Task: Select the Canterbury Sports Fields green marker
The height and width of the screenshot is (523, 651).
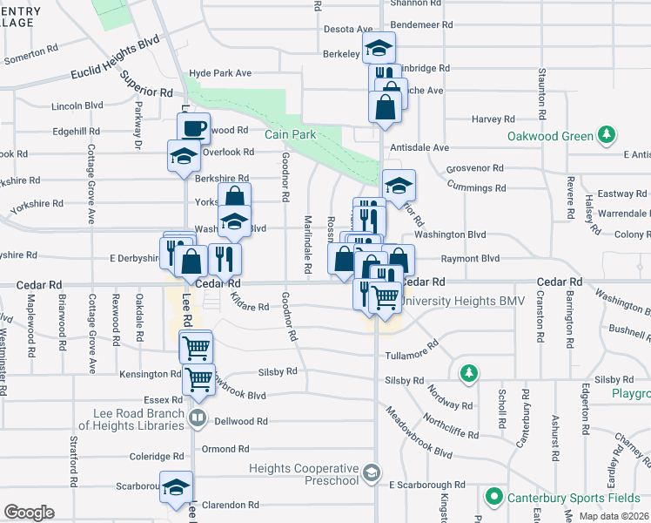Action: (x=494, y=497)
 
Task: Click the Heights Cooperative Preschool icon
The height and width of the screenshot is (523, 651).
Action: (x=372, y=473)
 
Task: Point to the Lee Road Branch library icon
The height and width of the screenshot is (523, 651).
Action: (x=198, y=419)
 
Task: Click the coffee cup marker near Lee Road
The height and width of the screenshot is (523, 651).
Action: (x=193, y=127)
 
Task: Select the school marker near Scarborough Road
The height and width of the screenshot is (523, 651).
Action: (x=177, y=490)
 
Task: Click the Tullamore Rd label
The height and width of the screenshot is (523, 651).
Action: (x=412, y=353)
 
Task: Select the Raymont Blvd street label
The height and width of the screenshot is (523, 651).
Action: (x=471, y=258)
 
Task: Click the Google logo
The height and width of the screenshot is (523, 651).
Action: (x=29, y=512)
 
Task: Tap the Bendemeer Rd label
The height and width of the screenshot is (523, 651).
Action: (x=421, y=25)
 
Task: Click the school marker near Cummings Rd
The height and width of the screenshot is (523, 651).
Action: (x=399, y=185)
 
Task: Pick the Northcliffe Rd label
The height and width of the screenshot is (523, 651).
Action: (x=447, y=433)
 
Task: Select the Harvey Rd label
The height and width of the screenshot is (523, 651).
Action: (x=493, y=119)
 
